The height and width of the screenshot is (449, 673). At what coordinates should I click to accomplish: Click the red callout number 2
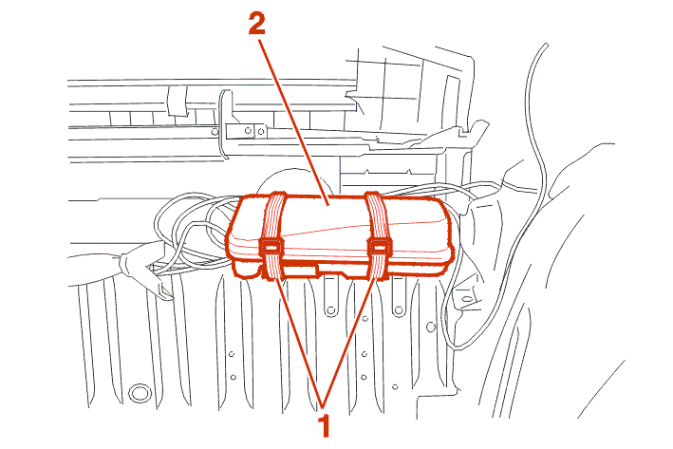point(256,24)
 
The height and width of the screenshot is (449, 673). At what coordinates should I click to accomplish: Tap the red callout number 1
point(325,426)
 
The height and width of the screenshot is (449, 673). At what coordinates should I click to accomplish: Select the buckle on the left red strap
point(270,248)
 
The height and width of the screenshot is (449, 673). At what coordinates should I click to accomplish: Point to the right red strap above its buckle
point(377,215)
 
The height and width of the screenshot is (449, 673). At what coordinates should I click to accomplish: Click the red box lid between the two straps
point(326,223)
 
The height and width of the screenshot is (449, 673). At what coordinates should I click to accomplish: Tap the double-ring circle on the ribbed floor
point(139,393)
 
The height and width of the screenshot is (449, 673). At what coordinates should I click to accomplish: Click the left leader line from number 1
point(299,342)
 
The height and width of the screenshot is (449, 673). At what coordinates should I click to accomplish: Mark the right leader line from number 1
point(350,342)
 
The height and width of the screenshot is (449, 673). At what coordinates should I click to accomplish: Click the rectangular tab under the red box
point(301,271)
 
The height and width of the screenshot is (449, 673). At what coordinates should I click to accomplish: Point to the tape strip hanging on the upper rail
point(178,101)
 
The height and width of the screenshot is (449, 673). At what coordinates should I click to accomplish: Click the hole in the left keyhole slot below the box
point(330,309)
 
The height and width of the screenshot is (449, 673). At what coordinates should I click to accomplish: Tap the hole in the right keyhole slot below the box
point(399,309)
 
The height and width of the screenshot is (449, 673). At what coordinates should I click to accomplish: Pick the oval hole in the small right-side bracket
point(467,298)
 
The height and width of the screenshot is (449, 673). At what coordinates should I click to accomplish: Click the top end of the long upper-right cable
point(547,44)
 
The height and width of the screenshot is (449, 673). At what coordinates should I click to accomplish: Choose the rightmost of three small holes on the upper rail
point(261,132)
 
